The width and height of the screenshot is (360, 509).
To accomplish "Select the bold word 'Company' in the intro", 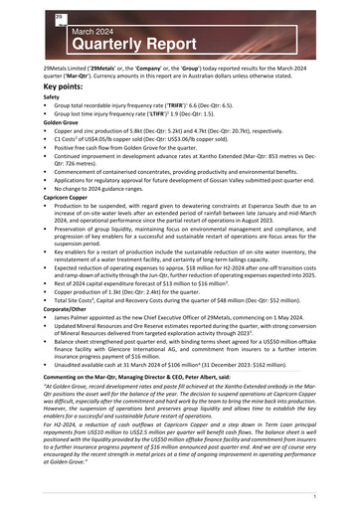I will pyautogui.click(x=156, y=67).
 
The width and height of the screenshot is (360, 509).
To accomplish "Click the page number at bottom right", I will pyautogui.click(x=341, y=494).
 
